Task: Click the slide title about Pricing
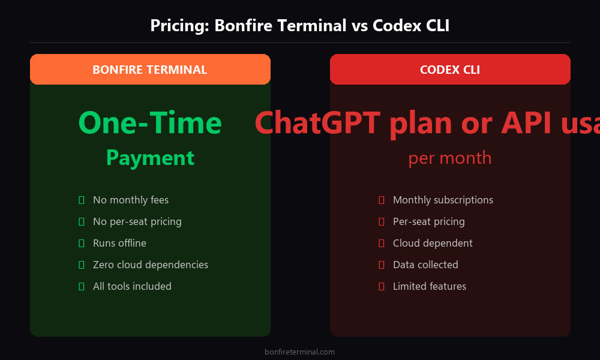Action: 299,26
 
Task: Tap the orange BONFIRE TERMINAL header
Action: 150,70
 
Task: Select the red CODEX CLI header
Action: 450,70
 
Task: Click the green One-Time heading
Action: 150,123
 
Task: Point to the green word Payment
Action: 150,158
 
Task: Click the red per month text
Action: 450,158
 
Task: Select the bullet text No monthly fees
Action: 131,200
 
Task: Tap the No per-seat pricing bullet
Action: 137,221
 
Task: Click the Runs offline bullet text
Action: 119,243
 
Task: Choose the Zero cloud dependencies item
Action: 151,265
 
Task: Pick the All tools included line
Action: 132,286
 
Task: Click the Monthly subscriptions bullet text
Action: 443,200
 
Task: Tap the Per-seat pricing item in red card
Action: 428,221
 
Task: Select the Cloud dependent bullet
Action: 433,243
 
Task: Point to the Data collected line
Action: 425,265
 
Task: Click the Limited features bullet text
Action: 429,286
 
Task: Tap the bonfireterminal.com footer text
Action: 299,352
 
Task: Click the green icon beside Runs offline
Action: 81,243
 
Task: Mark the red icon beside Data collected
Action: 381,265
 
